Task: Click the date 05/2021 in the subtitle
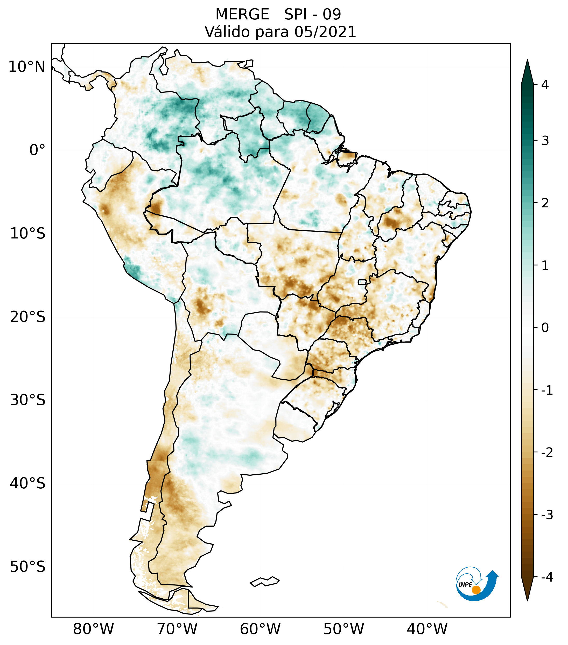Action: pyautogui.click(x=325, y=32)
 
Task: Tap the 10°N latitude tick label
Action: pyautogui.click(x=26, y=67)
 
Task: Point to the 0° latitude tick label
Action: pyautogui.click(x=37, y=150)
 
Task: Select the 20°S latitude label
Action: pyautogui.click(x=28, y=317)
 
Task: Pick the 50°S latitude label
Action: pyautogui.click(x=28, y=567)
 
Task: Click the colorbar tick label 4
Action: pyautogui.click(x=545, y=85)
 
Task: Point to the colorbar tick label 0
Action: pyautogui.click(x=545, y=328)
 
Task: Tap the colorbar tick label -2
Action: pyautogui.click(x=547, y=452)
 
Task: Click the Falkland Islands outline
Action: pyautogui.click(x=265, y=581)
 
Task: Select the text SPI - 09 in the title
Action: pyautogui.click(x=312, y=15)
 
